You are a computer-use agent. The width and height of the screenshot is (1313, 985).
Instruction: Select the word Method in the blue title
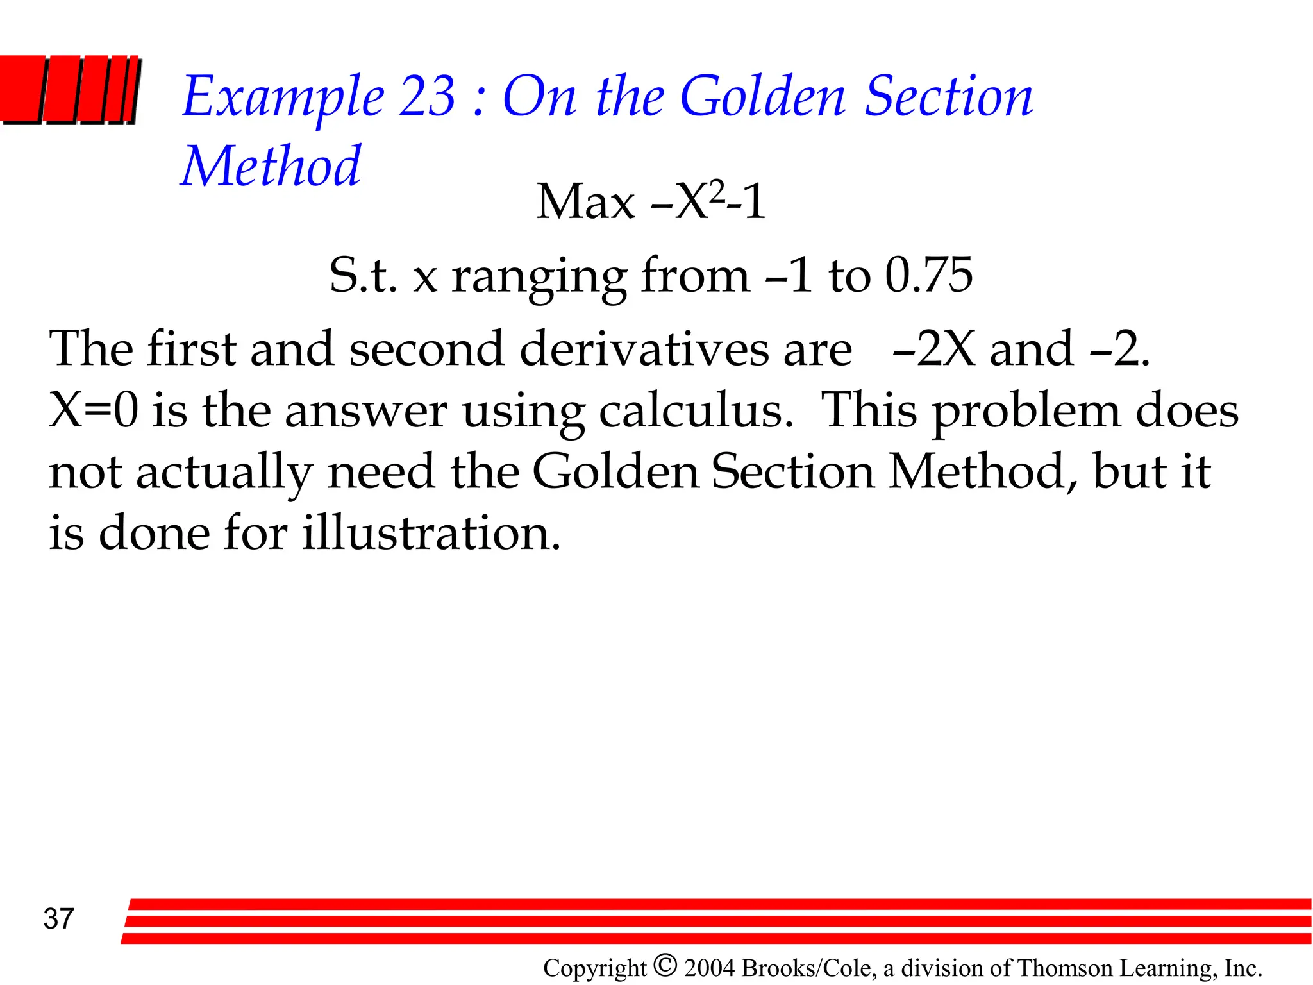(271, 167)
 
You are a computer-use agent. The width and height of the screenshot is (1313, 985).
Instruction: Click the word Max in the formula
(585, 202)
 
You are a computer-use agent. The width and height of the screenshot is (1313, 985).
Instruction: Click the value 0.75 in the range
(929, 276)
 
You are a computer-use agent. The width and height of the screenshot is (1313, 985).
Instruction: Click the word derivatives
(644, 349)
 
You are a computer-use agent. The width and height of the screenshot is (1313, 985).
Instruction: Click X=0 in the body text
(94, 410)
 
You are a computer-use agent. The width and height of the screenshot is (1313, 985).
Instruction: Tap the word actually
(224, 473)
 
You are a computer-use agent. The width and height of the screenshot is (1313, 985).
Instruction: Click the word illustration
(431, 534)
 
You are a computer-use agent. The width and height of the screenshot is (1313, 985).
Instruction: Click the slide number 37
(59, 919)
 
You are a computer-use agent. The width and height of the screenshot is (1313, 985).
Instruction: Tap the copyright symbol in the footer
(665, 964)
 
